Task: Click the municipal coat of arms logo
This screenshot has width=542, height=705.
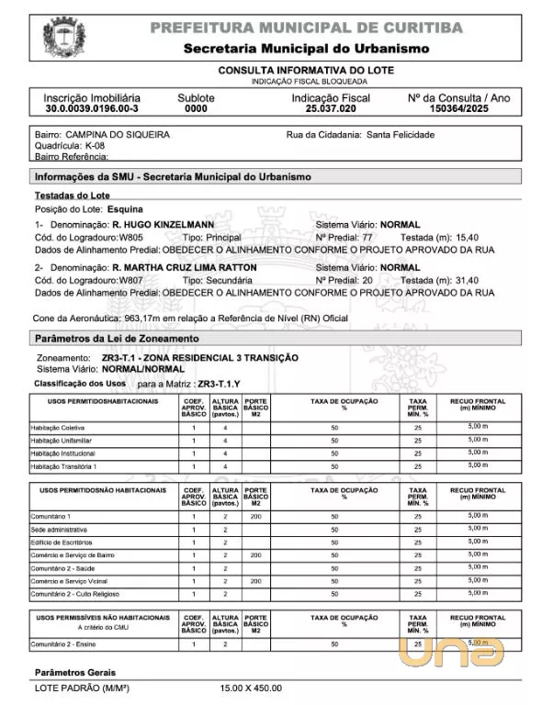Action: [x=63, y=37]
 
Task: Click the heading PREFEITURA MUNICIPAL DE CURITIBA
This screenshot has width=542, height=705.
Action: [x=306, y=28]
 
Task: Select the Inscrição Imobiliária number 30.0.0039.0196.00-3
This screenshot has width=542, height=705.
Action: [x=92, y=108]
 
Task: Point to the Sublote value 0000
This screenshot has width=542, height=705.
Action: [x=196, y=108]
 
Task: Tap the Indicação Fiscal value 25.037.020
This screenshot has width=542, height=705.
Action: [x=331, y=108]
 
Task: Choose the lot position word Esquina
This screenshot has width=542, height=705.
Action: [x=125, y=209]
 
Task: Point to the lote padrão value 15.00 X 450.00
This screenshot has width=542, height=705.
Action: [x=251, y=688]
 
